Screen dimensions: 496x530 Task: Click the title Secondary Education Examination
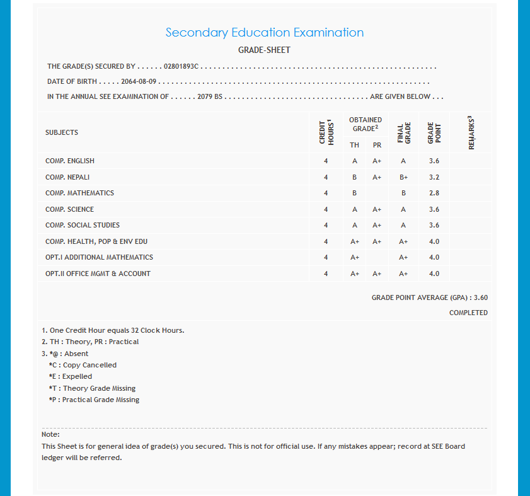(264, 33)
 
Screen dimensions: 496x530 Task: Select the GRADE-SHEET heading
(264, 50)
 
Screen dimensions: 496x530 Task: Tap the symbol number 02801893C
(181, 66)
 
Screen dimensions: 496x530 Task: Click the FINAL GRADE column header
(403, 132)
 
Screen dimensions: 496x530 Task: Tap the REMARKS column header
(471, 132)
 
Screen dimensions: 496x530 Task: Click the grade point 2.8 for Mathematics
(434, 193)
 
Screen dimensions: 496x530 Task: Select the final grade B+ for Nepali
(403, 177)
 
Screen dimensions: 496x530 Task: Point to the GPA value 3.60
(480, 297)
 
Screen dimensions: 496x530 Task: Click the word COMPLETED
(468, 313)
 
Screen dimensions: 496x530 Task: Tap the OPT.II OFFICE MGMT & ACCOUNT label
(98, 274)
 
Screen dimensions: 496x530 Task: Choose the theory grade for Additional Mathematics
(355, 257)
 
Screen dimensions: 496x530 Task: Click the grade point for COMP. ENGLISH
(434, 161)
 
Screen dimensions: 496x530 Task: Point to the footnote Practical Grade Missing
(94, 400)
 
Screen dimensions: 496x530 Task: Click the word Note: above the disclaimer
(50, 434)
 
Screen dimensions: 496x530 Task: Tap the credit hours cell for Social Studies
(326, 225)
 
